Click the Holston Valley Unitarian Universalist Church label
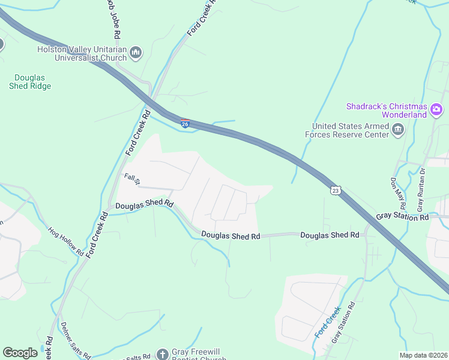[x=82, y=54]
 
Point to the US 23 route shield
[x=336, y=190]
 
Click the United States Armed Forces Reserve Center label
[x=350, y=130]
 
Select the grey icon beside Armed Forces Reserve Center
[x=397, y=130]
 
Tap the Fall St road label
[x=131, y=178]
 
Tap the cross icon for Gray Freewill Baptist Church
[x=162, y=354]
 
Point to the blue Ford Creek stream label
[x=327, y=322]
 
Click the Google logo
[x=20, y=353]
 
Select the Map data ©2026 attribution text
[x=423, y=355]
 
